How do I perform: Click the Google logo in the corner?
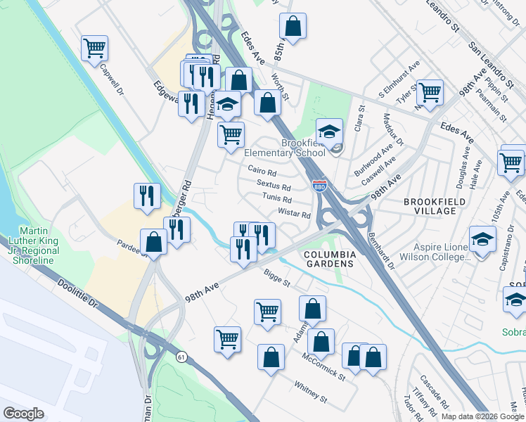[x=23, y=414]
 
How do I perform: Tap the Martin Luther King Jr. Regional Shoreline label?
[x=29, y=245]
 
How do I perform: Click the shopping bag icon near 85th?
[x=293, y=27]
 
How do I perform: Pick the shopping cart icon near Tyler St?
[x=429, y=92]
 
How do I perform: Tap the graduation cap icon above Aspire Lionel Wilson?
[x=482, y=241]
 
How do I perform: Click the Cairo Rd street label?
[x=262, y=171]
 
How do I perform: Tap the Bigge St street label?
[x=277, y=282]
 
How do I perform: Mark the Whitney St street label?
[x=311, y=392]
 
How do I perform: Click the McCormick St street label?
[x=323, y=367]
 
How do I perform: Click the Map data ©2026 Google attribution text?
[x=483, y=416]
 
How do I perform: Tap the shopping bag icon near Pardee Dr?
[x=153, y=243]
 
